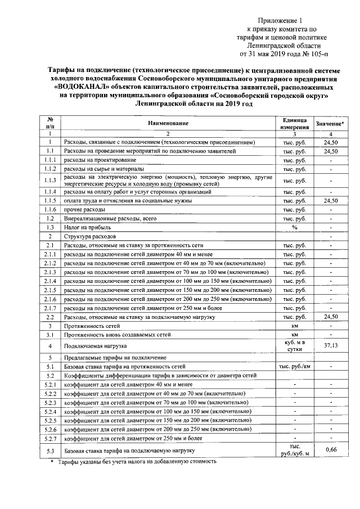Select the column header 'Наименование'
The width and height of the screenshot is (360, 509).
point(168,123)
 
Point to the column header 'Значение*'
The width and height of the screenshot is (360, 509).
point(330,123)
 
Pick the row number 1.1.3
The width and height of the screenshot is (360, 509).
point(49,180)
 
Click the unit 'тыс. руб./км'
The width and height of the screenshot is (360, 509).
point(294,366)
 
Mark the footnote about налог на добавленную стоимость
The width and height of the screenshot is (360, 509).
point(135,461)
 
